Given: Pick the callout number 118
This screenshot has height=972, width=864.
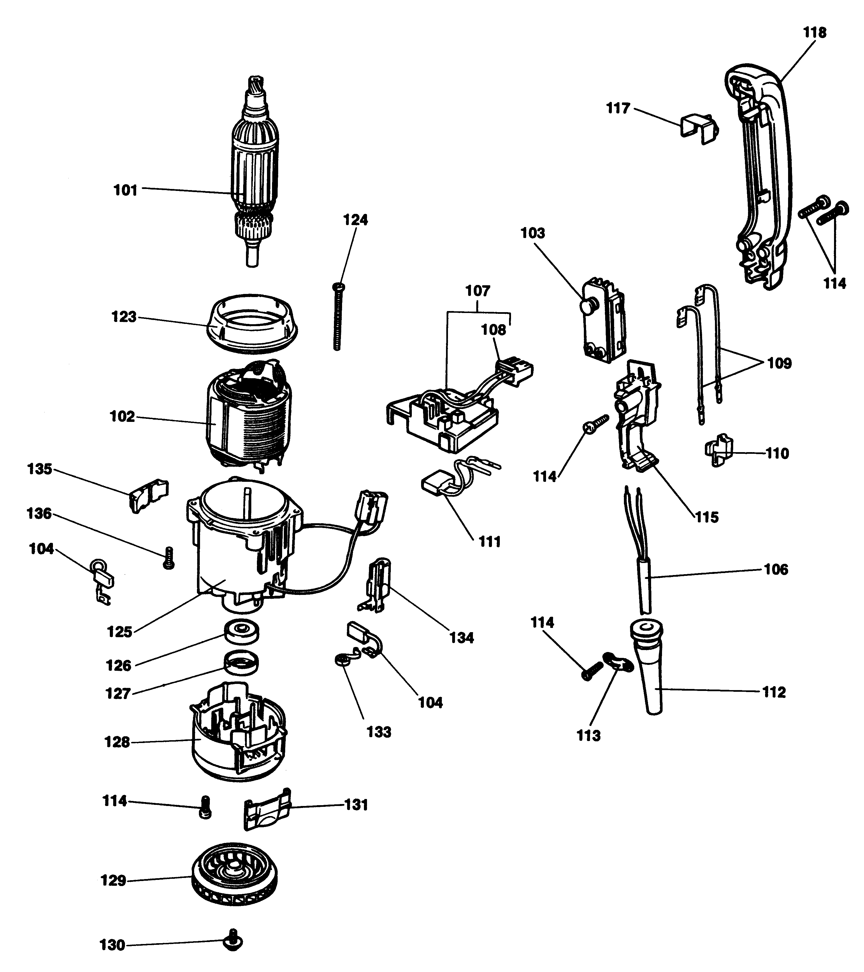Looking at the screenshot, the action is tap(815, 32).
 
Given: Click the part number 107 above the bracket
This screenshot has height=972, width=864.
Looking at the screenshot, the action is tap(478, 291).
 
